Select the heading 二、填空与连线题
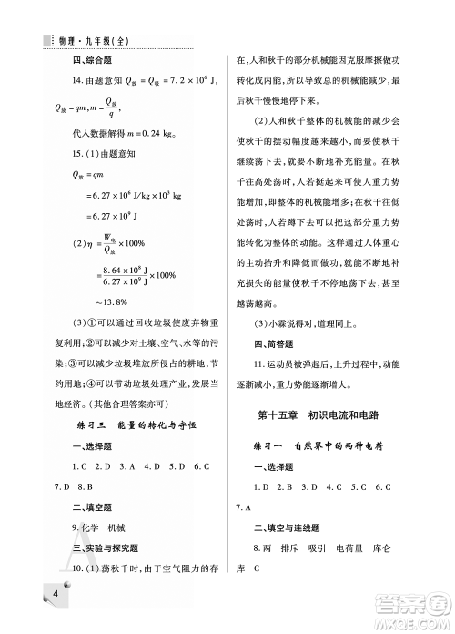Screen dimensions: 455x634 tap(290, 527)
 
